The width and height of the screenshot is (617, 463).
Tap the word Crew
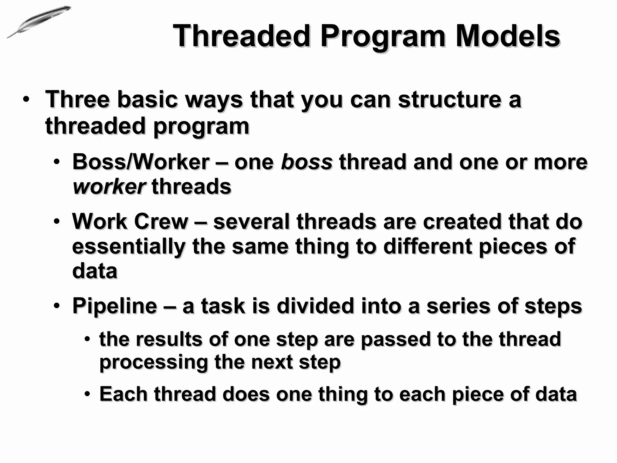[x=161, y=222]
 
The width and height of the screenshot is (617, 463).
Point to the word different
[x=428, y=246]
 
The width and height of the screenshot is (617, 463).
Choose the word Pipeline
[x=115, y=306]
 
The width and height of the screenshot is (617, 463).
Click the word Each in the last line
[x=124, y=394]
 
